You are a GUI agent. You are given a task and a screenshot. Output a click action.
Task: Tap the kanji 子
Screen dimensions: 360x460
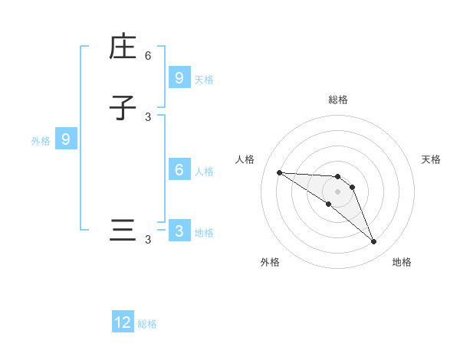click(x=123, y=107)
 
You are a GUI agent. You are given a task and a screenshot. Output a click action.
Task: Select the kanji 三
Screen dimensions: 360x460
click(x=123, y=231)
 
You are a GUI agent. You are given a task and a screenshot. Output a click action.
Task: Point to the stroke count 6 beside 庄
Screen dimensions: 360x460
click(x=148, y=56)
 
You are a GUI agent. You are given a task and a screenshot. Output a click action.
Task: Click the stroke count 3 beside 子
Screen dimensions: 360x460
click(x=148, y=116)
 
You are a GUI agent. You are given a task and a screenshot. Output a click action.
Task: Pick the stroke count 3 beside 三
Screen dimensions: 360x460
click(x=148, y=240)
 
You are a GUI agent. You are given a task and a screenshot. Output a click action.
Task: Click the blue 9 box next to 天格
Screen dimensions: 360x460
click(x=179, y=77)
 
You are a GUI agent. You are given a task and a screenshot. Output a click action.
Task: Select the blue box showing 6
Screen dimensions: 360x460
click(x=179, y=170)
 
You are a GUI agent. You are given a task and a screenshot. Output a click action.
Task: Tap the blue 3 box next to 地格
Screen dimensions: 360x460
click(x=179, y=231)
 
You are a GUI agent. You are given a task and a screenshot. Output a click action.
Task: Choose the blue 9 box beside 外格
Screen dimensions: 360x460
click(x=66, y=139)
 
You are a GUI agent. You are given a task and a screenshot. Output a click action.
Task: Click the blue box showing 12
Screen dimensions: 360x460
click(x=123, y=322)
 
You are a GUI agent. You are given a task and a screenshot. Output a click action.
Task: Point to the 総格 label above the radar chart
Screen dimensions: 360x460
click(x=338, y=100)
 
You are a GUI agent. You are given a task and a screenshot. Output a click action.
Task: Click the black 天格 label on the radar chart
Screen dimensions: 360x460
click(x=431, y=159)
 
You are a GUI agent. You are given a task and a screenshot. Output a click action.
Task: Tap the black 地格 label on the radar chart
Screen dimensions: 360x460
click(x=402, y=262)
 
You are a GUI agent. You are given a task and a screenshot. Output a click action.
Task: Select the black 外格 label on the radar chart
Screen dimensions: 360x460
click(x=270, y=262)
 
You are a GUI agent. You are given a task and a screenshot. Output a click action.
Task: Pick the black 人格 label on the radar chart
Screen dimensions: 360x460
click(x=245, y=159)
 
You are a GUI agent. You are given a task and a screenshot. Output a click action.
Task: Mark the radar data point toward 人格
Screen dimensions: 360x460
click(x=279, y=172)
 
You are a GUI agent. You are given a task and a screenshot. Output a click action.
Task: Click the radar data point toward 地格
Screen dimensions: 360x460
click(x=373, y=242)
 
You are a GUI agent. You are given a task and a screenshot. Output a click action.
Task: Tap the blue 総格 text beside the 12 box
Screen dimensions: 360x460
click(x=147, y=324)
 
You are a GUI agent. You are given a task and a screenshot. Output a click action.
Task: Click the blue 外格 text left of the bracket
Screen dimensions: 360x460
click(x=41, y=141)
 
